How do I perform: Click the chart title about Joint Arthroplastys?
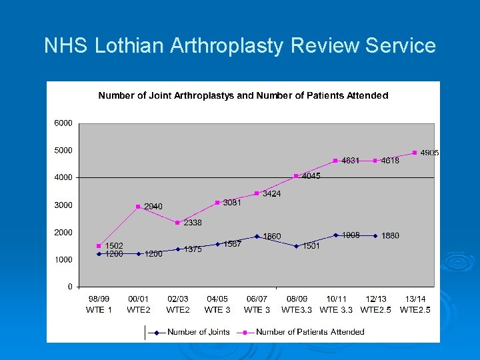click(243, 95)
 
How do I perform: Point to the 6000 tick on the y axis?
click(63, 123)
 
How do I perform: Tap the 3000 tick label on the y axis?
click(63, 205)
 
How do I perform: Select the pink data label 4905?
click(429, 153)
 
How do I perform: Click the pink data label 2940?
click(153, 207)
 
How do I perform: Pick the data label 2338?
click(193, 223)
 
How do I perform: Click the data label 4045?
click(311, 176)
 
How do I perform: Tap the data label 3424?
click(271, 193)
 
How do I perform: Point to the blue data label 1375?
click(193, 249)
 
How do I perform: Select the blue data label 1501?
click(311, 246)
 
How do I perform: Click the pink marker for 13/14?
click(415, 153)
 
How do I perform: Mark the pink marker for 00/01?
click(138, 207)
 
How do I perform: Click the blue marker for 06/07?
click(257, 236)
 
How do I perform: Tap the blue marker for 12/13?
click(375, 235)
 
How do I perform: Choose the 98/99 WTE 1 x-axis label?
click(99, 304)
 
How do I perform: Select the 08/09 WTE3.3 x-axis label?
click(297, 304)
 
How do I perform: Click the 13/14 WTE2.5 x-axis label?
click(415, 304)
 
